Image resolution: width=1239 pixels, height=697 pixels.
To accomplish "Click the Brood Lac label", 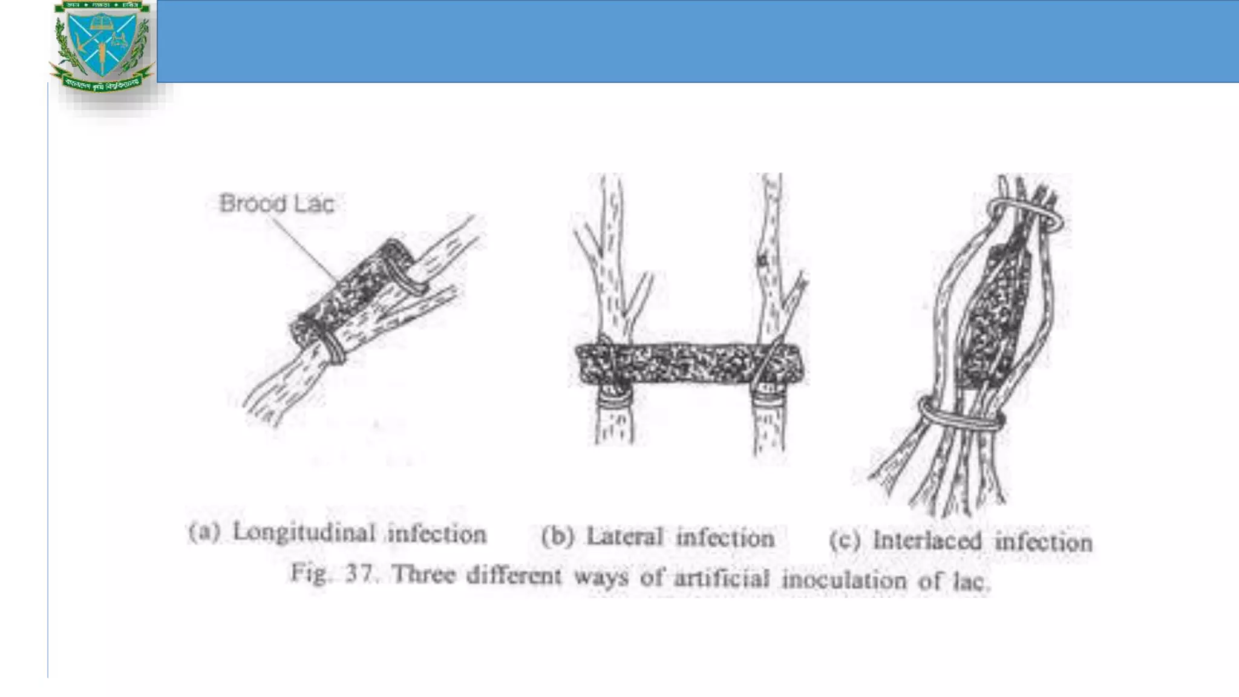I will (276, 204).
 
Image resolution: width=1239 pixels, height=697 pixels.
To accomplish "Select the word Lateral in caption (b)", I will (625, 537).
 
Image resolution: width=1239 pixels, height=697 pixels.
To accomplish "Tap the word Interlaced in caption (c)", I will (927, 540).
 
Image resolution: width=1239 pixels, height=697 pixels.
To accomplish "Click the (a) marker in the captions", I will (204, 532).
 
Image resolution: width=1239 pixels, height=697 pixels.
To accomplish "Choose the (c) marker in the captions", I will (844, 540).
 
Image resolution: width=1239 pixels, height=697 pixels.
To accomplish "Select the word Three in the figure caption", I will (423, 574).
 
